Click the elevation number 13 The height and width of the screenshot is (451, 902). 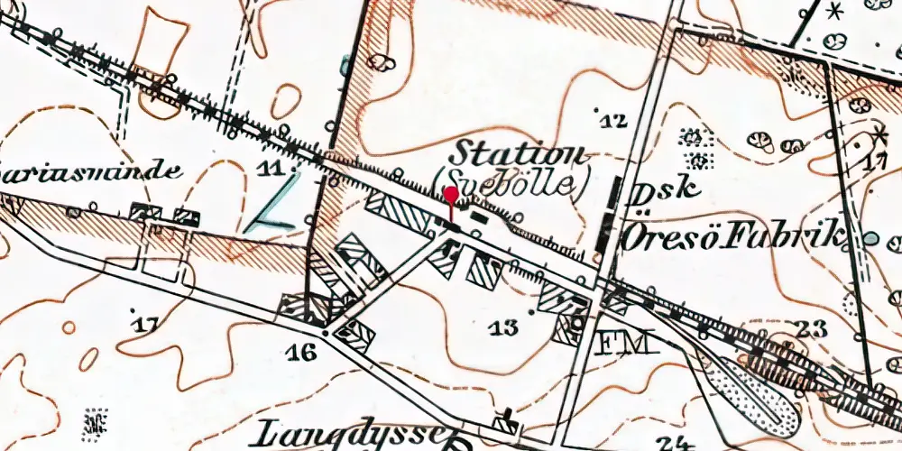pyautogui.click(x=502, y=327)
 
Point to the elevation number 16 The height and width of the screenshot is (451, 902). pyautogui.click(x=304, y=352)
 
